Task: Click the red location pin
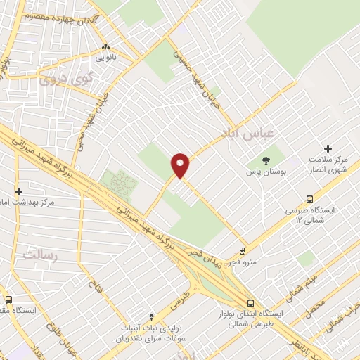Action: click(x=181, y=165)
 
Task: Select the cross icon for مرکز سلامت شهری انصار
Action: click(x=328, y=148)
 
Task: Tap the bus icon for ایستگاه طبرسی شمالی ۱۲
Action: click(x=311, y=199)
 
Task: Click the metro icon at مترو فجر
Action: click(x=243, y=250)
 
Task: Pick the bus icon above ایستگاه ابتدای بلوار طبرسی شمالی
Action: click(x=251, y=303)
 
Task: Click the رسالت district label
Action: click(x=39, y=254)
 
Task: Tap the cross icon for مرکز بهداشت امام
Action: click(x=19, y=191)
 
